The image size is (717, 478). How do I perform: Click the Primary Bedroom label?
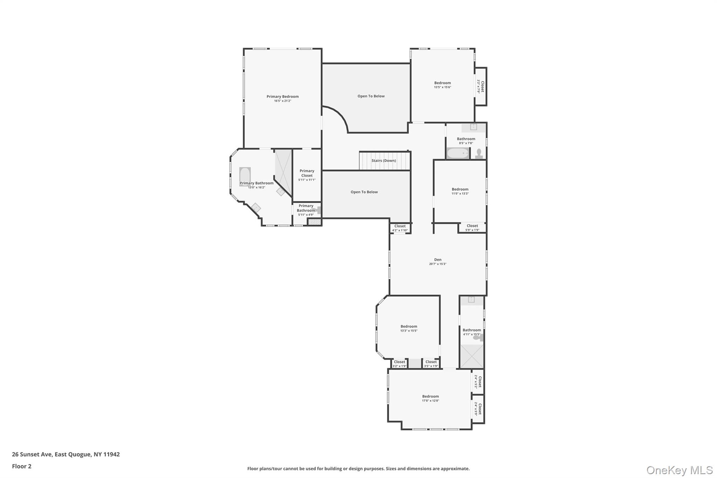click(x=283, y=97)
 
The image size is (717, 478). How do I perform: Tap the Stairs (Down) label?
click(x=384, y=161)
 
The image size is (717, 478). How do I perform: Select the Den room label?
click(x=438, y=260)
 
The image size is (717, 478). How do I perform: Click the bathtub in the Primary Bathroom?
click(x=245, y=176)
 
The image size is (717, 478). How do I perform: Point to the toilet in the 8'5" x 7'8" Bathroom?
click(x=479, y=153)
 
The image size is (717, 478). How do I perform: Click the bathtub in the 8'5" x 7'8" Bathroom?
click(x=458, y=153)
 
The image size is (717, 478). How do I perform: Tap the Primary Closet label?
click(x=307, y=173)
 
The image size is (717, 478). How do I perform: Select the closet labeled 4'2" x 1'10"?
click(x=400, y=228)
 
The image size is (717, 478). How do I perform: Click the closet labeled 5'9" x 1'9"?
click(x=472, y=228)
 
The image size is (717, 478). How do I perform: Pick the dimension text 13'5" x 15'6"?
click(x=443, y=87)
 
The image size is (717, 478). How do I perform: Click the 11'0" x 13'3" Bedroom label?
click(x=460, y=189)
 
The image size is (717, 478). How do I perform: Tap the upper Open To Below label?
click(x=371, y=96)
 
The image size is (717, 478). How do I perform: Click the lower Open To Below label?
click(x=364, y=192)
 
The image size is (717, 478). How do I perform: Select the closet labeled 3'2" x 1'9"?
click(x=399, y=363)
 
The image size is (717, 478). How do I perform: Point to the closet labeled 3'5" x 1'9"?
click(x=431, y=363)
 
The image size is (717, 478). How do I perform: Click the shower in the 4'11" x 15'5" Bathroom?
click(x=472, y=356)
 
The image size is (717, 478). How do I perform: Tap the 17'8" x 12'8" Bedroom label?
click(x=430, y=396)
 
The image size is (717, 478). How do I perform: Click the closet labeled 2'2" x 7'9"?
click(x=480, y=86)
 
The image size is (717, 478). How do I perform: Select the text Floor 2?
click(x=22, y=466)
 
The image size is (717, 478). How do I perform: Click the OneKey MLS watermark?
click(x=679, y=470)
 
